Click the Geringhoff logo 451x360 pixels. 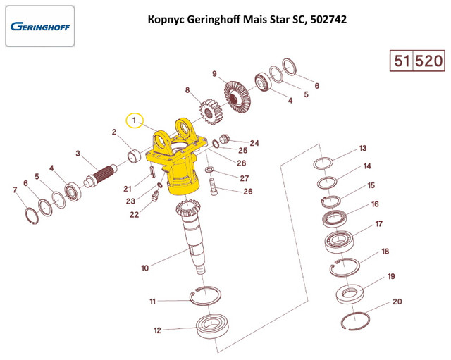[41, 27]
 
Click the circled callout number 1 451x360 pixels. [134, 120]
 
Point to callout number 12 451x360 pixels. [158, 330]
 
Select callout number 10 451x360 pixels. [144, 268]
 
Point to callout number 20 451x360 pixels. [397, 302]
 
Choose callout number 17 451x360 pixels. [378, 225]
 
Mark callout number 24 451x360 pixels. [254, 143]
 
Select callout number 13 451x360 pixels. [363, 149]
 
